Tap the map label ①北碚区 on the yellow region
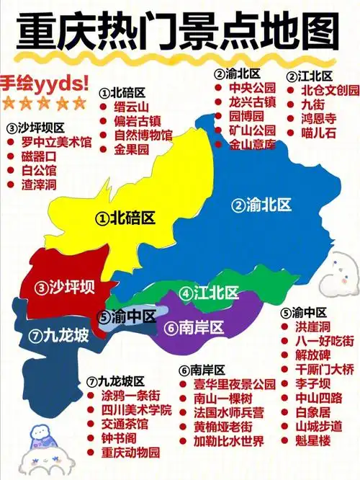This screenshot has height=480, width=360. pos(126,217)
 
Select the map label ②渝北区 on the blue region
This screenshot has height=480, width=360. pos(261,205)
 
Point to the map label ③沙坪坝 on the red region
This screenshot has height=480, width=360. pos(65,288)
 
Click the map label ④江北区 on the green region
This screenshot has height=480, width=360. pos(209,293)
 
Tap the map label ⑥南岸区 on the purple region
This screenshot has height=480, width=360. pos(194,327)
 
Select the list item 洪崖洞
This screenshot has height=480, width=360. pos(310,326)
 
